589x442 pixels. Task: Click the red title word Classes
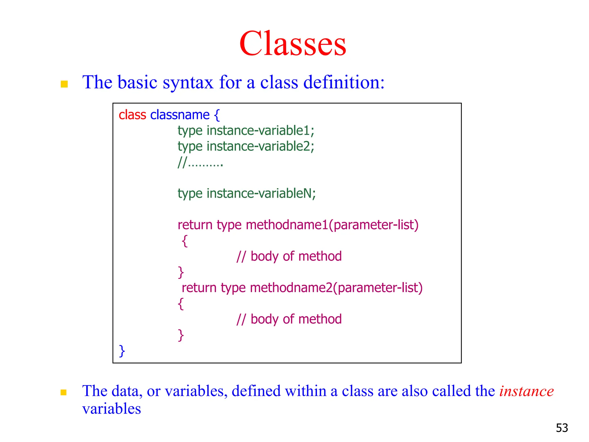[x=292, y=44]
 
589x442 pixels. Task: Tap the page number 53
[x=562, y=428]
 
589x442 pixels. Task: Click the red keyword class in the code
[x=132, y=115]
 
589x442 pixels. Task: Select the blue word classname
[x=180, y=115]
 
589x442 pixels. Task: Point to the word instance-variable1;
[x=260, y=131]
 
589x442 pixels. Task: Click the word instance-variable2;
[x=260, y=146]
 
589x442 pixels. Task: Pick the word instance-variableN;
[x=261, y=193]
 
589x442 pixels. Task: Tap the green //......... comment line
[x=200, y=163]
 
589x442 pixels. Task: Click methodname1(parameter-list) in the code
[x=332, y=225]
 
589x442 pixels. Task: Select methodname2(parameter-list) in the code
[x=336, y=288]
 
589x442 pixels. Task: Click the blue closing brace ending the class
[x=122, y=351]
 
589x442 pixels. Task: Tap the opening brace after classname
[x=217, y=115]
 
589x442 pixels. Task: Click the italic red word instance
[x=526, y=391]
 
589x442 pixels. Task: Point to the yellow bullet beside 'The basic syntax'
[x=64, y=84]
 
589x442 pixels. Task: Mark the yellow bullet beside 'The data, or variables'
[x=64, y=393]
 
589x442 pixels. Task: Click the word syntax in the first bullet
[x=188, y=83]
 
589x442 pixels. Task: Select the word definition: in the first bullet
[x=344, y=83]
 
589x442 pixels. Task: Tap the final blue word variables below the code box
[x=112, y=409]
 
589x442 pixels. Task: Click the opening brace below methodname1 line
[x=185, y=241]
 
